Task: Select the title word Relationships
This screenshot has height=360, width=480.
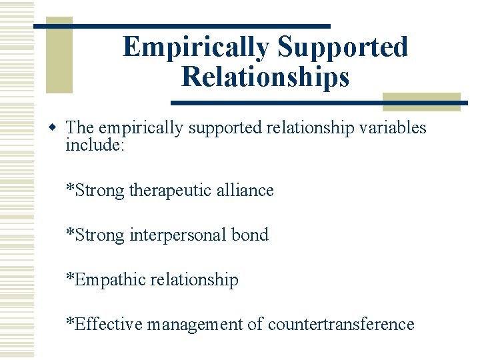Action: pyautogui.click(x=265, y=77)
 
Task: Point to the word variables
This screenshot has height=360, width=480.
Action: pyautogui.click(x=393, y=128)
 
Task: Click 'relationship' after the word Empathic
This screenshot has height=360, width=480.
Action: pyautogui.click(x=194, y=279)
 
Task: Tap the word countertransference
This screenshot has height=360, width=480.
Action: pyautogui.click(x=341, y=325)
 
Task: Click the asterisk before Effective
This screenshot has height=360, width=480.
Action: pyautogui.click(x=70, y=323)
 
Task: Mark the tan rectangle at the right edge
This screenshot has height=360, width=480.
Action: pyautogui.click(x=421, y=101)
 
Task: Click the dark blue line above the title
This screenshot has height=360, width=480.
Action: pyautogui.click(x=181, y=26)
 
